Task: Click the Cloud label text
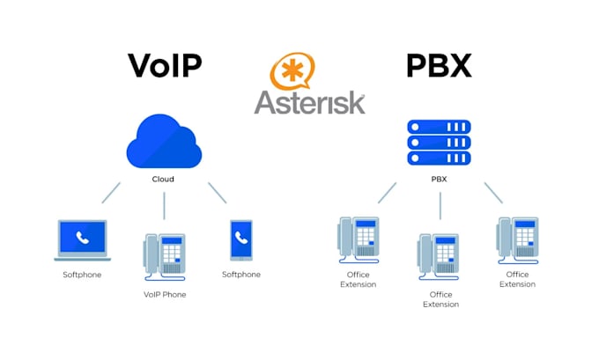pos(163,179)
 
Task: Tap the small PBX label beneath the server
pos(439,180)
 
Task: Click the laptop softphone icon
pos(83,239)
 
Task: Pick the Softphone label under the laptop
pos(82,275)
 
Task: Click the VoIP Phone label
pos(165,295)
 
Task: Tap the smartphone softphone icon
pos(241,240)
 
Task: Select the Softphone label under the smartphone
pos(241,275)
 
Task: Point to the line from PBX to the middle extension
pos(440,206)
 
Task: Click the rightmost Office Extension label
pos(517,279)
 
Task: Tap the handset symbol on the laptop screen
pos(82,237)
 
